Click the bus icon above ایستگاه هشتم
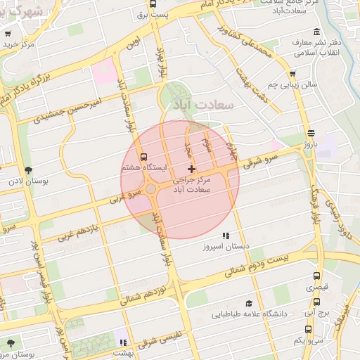tap(144, 157)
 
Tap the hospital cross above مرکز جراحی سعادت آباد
tap(191, 169)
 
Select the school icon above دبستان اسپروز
tap(226, 236)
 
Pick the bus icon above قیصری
tap(316, 276)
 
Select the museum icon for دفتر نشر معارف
tap(316, 32)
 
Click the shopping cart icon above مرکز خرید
tap(7, 33)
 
